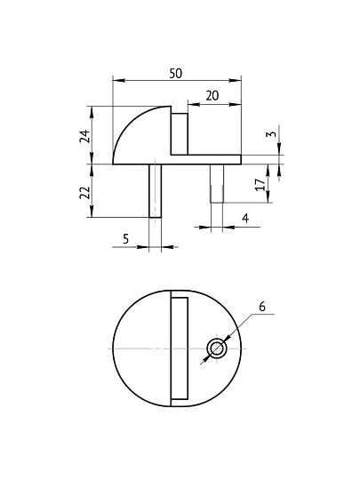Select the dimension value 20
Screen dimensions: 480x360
(x=212, y=95)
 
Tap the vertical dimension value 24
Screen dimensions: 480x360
(x=84, y=136)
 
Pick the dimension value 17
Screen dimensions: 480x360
(x=259, y=184)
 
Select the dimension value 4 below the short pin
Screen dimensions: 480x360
(x=245, y=217)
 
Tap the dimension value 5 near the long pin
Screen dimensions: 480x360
(x=125, y=237)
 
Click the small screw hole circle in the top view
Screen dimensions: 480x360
(x=217, y=348)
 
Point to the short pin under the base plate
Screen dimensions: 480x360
(x=216, y=183)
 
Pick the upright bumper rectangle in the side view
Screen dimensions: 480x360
(x=180, y=133)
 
